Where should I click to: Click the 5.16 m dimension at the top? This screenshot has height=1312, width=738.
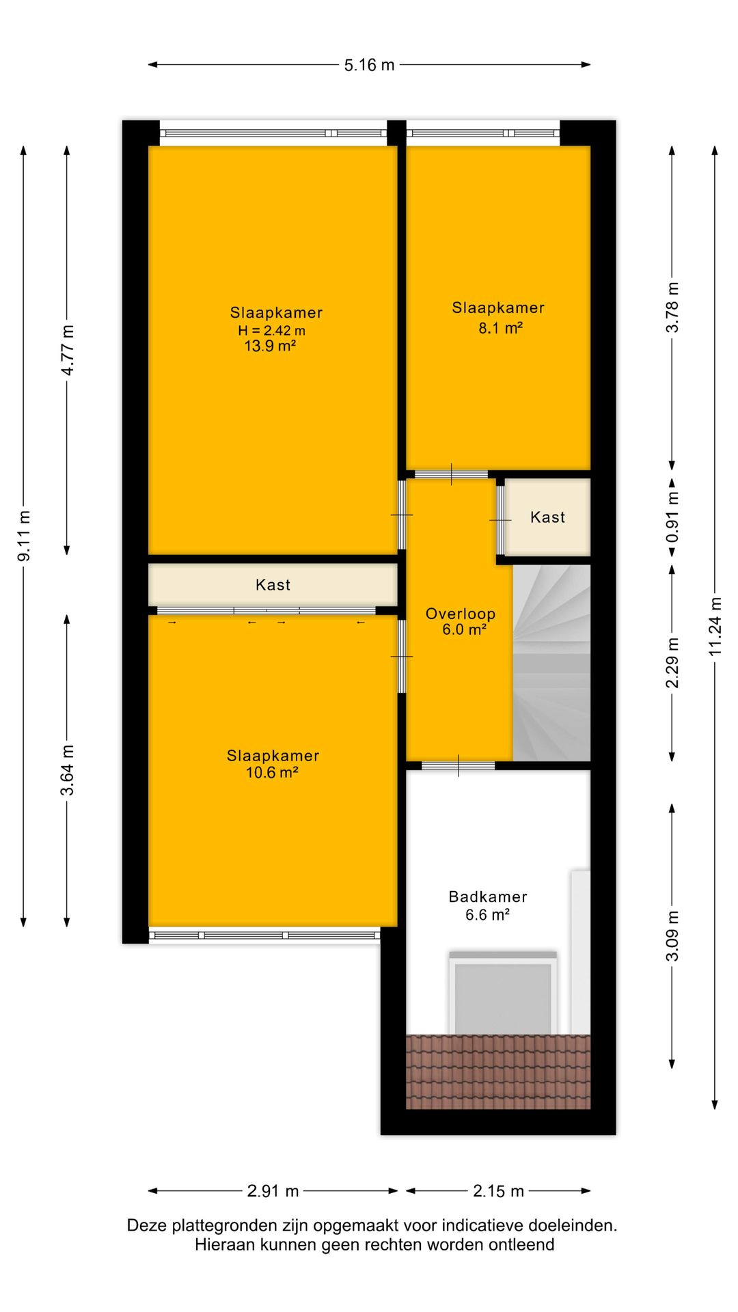[x=369, y=66]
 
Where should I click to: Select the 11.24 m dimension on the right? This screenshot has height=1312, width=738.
[x=715, y=626]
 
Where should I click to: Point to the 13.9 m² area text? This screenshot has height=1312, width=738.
[x=270, y=346]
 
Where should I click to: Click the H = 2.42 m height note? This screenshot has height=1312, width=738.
[x=271, y=331]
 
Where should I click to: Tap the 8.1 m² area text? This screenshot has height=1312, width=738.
[x=500, y=328]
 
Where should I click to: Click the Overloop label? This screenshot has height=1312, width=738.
[x=460, y=614]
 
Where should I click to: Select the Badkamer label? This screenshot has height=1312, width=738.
[x=488, y=897]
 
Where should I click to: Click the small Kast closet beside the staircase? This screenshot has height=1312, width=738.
[x=547, y=517]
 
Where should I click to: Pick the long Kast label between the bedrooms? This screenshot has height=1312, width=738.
[x=273, y=585]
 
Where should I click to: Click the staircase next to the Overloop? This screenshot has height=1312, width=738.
[x=551, y=663]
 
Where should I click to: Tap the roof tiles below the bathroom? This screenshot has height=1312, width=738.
[x=498, y=1071]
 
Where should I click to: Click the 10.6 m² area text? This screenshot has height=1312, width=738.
[x=272, y=773]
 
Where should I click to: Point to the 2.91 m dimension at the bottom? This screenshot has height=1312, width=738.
[x=273, y=1191]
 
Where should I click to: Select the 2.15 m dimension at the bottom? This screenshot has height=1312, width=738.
[x=498, y=1191]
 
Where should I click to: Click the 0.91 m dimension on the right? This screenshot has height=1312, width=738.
[x=673, y=517]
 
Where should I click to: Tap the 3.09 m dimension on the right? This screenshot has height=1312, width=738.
[x=673, y=935]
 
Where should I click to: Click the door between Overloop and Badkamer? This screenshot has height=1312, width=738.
[x=458, y=765]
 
